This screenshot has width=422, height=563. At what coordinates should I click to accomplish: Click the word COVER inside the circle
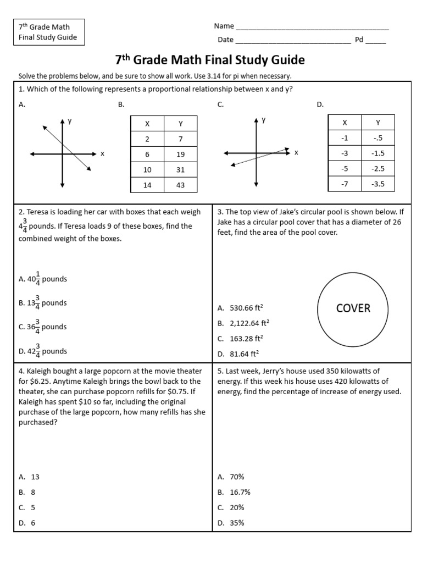[x=353, y=308]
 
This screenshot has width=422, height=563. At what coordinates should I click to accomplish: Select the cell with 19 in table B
[x=180, y=154]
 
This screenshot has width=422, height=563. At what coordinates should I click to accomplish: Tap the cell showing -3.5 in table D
[x=377, y=184]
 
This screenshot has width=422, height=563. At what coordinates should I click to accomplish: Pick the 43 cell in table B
[x=180, y=185]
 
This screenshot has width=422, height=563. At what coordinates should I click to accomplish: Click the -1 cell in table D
[x=345, y=138]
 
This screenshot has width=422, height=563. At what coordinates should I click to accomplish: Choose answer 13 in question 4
[x=32, y=477]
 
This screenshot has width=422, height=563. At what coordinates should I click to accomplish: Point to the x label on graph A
[x=102, y=154]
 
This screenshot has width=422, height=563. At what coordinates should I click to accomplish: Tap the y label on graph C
[x=264, y=119]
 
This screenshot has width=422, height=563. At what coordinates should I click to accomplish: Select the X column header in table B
[x=147, y=124]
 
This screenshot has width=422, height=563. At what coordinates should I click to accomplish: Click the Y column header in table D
[x=377, y=123]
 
